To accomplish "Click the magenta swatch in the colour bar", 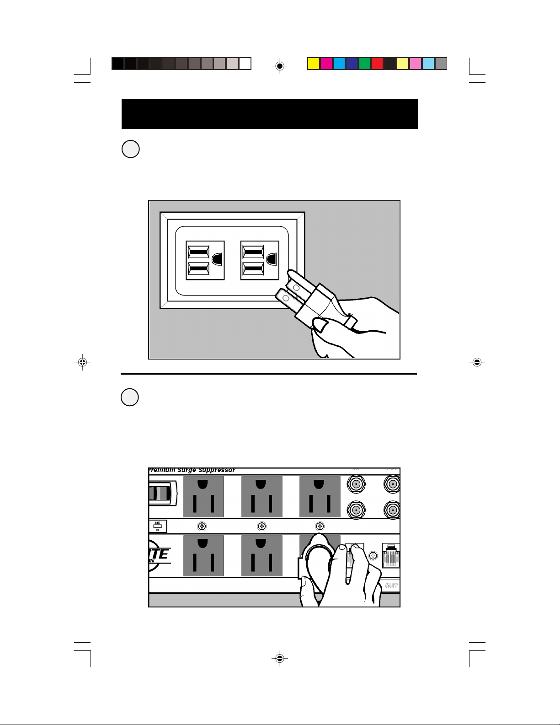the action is pyautogui.click(x=326, y=64).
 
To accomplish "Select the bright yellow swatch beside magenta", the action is pyautogui.click(x=313, y=64).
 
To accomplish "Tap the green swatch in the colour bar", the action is pyautogui.click(x=364, y=64).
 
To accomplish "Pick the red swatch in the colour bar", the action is pyautogui.click(x=377, y=64).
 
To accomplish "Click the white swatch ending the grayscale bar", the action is pyautogui.click(x=245, y=64).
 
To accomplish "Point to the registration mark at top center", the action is pyautogui.click(x=280, y=66).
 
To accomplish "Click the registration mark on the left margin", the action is pyautogui.click(x=82, y=362).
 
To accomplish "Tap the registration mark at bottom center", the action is pyautogui.click(x=280, y=658).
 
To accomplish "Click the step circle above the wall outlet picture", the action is pyautogui.click(x=130, y=149).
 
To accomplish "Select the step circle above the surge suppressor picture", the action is pyautogui.click(x=130, y=397).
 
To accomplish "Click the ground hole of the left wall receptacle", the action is pyautogui.click(x=217, y=259).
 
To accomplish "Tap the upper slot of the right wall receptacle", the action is pyautogui.click(x=253, y=252).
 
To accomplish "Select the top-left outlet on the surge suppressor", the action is pyautogui.click(x=203, y=497).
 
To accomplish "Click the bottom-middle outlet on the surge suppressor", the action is pyautogui.click(x=261, y=556).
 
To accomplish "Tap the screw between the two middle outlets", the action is pyautogui.click(x=261, y=526).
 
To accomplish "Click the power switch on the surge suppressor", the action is pyautogui.click(x=161, y=494).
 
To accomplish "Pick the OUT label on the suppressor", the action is pyautogui.click(x=391, y=586).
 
